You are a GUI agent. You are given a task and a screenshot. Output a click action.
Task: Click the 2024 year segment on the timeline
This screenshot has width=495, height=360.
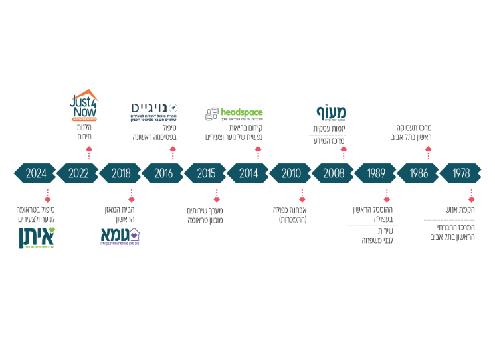click(x=36, y=173)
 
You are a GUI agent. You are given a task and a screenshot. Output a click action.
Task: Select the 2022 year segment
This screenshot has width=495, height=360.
click(x=79, y=173)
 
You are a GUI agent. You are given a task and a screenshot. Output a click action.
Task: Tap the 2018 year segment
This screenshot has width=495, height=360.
click(x=122, y=173)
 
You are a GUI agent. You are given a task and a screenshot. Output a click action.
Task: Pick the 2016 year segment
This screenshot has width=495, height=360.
click(x=164, y=173)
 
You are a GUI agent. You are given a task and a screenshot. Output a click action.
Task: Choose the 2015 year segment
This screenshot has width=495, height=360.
click(x=207, y=173)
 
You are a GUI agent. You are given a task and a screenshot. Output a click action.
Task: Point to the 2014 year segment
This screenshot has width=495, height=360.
click(x=249, y=173)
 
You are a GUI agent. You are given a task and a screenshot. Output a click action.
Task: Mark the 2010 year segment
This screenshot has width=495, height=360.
click(x=292, y=173)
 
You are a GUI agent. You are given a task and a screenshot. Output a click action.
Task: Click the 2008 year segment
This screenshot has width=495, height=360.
click(x=334, y=173)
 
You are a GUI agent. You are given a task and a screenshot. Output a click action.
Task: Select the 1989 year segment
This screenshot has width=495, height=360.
click(x=377, y=173)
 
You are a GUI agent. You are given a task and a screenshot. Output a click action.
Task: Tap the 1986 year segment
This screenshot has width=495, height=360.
click(x=419, y=173)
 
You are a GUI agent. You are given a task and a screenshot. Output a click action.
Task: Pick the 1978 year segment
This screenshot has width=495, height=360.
click(x=461, y=173)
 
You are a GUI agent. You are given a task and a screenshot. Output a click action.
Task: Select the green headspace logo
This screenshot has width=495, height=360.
click(x=234, y=114)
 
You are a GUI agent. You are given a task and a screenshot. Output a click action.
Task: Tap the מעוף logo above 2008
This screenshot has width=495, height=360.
click(x=330, y=111)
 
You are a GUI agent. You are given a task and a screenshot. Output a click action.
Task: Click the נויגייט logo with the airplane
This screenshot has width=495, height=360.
click(x=155, y=110)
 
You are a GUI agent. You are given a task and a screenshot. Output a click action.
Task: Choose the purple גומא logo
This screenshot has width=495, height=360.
click(x=120, y=236)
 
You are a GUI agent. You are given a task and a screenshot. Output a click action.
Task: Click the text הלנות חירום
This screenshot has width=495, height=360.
click(x=84, y=132)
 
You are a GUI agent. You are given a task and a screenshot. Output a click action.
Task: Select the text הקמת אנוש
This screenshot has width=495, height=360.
click(x=458, y=210)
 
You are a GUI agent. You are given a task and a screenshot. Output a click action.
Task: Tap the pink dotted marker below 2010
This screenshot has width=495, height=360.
click(x=302, y=195)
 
